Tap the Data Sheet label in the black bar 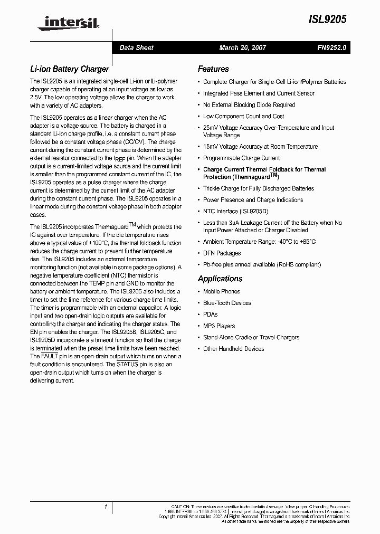pyautogui.click(x=136, y=48)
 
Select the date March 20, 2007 pyautogui.click(x=242, y=48)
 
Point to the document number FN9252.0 pyautogui.click(x=332, y=48)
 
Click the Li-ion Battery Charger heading pyautogui.click(x=69, y=69)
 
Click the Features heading pyautogui.click(x=213, y=69)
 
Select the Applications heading pyautogui.click(x=220, y=279)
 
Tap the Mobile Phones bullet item pyautogui.click(x=222, y=292)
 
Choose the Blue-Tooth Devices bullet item pyautogui.click(x=227, y=303)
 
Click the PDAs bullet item pyautogui.click(x=210, y=314)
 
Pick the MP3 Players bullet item pyautogui.click(x=219, y=326)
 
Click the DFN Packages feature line pyautogui.click(x=222, y=253)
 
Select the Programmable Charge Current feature pyautogui.click(x=241, y=158)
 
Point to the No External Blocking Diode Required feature pyautogui.click(x=249, y=105)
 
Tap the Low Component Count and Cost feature pyautogui.click(x=243, y=117)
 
